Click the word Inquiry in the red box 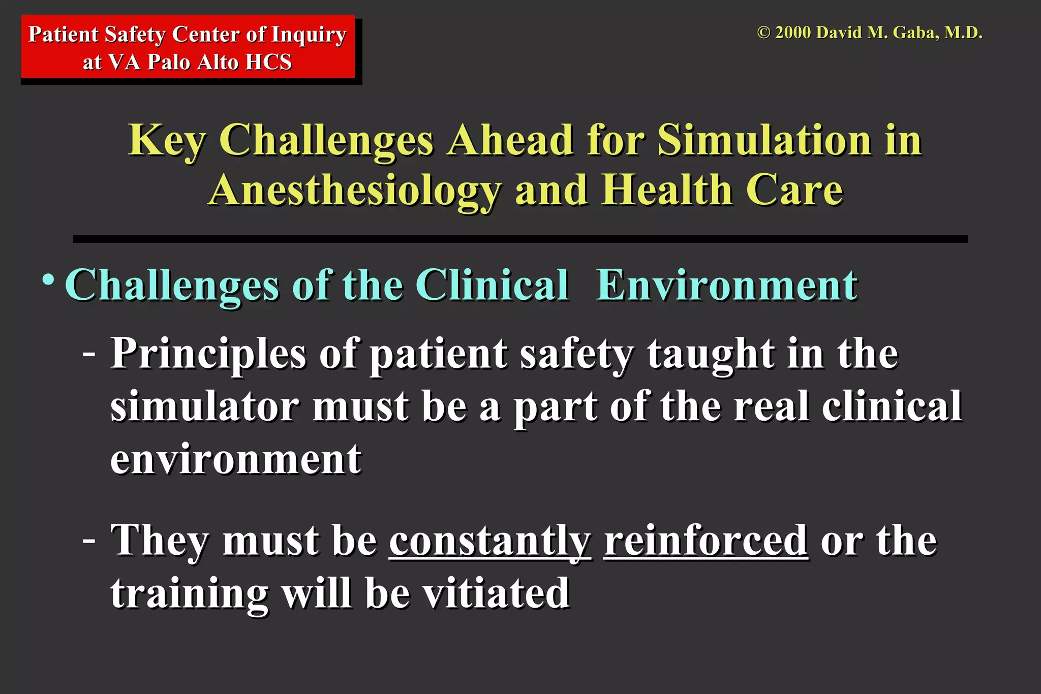(309, 35)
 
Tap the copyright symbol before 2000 (763, 33)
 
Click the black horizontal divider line (520, 239)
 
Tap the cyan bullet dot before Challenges (48, 280)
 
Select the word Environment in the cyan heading (726, 286)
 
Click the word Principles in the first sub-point (208, 354)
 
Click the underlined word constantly (490, 541)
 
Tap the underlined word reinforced (706, 541)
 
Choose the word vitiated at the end (496, 593)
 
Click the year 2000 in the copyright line (793, 33)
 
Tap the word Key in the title (167, 141)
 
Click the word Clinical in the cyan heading (492, 286)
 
